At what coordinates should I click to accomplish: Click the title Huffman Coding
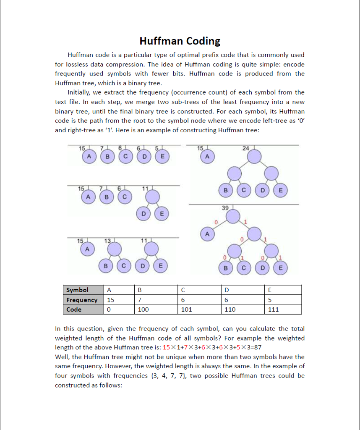180,41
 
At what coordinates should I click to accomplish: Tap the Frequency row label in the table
82,300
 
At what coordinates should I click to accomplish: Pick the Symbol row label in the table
78,290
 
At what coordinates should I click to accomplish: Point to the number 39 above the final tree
225,208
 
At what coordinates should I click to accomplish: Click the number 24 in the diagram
245,148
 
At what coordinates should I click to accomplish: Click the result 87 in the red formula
257,348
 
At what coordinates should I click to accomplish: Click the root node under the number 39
232,217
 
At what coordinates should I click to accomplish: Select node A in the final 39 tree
206,233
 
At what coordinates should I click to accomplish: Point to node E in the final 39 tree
281,267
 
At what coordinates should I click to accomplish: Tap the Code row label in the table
74,309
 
